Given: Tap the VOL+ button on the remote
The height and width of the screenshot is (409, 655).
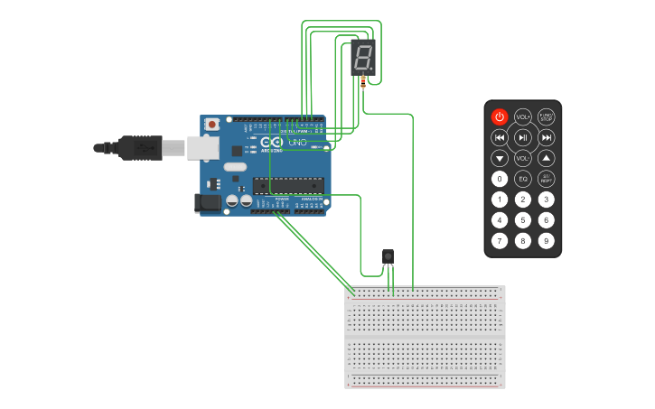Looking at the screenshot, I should point(523,116).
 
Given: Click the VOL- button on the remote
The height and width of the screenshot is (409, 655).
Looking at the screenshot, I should point(523,158).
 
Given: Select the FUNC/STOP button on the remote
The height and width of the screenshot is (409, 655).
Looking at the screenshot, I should point(547,116).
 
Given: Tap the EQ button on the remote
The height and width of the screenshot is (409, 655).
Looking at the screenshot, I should point(523,179).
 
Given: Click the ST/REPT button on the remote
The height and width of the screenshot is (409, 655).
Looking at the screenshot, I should point(547,179).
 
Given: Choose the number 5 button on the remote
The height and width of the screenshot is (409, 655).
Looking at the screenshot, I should point(523,219).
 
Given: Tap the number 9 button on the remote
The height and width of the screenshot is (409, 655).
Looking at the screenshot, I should point(547,240).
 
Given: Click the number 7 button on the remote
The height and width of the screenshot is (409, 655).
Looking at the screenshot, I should point(500,240).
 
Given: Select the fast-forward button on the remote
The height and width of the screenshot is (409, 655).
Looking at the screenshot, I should point(547,137).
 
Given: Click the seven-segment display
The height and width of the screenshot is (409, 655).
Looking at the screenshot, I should point(362,58).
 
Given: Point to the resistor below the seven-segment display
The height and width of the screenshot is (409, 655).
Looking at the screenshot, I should point(363,82).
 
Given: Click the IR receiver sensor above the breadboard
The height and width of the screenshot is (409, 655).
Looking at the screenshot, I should point(388,257).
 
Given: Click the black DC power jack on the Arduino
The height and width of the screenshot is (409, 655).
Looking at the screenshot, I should point(208,203).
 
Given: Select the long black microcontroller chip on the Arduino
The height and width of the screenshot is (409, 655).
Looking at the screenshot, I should point(288,186).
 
